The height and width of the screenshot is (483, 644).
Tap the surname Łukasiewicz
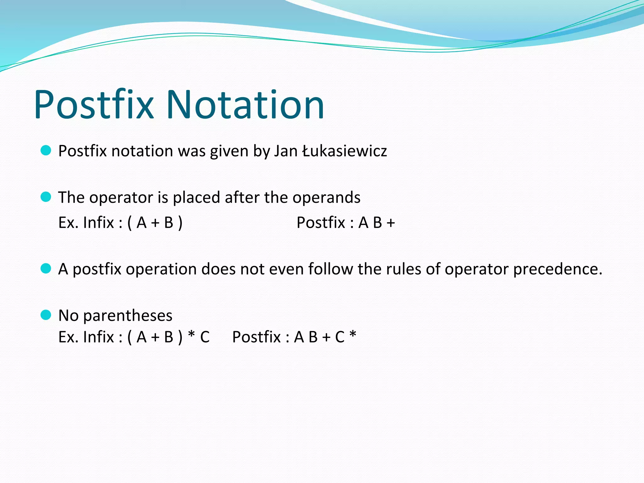coord(344,151)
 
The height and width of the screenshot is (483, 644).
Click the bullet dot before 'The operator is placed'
coord(46,197)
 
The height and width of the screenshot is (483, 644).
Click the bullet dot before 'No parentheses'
coord(46,315)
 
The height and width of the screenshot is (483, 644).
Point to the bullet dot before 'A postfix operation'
coord(46,269)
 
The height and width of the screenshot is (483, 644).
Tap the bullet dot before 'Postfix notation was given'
coord(46,151)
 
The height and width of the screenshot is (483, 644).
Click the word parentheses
coord(128,316)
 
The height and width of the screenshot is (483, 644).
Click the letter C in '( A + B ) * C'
coord(205,337)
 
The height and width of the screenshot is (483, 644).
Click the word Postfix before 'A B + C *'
coord(256,337)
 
